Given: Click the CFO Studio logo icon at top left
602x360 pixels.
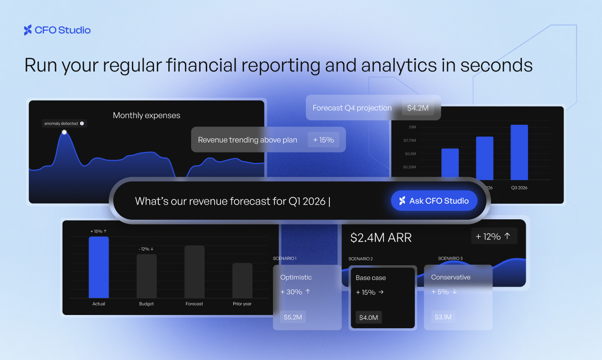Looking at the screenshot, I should (x=28, y=30).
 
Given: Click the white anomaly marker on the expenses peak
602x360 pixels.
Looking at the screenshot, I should (x=64, y=132).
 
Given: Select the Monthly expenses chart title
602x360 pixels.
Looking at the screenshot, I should (x=146, y=115).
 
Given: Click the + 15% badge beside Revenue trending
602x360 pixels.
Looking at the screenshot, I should (x=323, y=140).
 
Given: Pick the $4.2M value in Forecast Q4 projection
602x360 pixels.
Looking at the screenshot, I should (x=418, y=108).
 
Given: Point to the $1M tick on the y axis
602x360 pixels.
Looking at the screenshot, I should (x=412, y=127).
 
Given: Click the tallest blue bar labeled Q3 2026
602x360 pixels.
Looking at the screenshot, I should (x=519, y=152).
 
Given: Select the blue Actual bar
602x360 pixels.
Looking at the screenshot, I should (x=99, y=267).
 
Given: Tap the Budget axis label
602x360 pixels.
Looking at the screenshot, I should (x=146, y=304).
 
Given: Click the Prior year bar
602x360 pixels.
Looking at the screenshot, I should (x=242, y=280).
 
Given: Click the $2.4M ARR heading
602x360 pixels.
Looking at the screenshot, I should (x=381, y=237).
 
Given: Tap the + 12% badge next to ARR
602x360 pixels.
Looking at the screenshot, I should (x=493, y=236).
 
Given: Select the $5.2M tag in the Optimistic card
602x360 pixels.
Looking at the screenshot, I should (x=293, y=317).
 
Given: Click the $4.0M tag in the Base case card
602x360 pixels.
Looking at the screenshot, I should (x=368, y=317).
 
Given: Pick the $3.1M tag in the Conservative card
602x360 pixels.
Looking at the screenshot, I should (x=443, y=317).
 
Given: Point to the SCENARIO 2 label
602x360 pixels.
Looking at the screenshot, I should (x=360, y=259).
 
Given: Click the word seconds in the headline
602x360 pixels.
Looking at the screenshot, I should (x=496, y=65).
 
